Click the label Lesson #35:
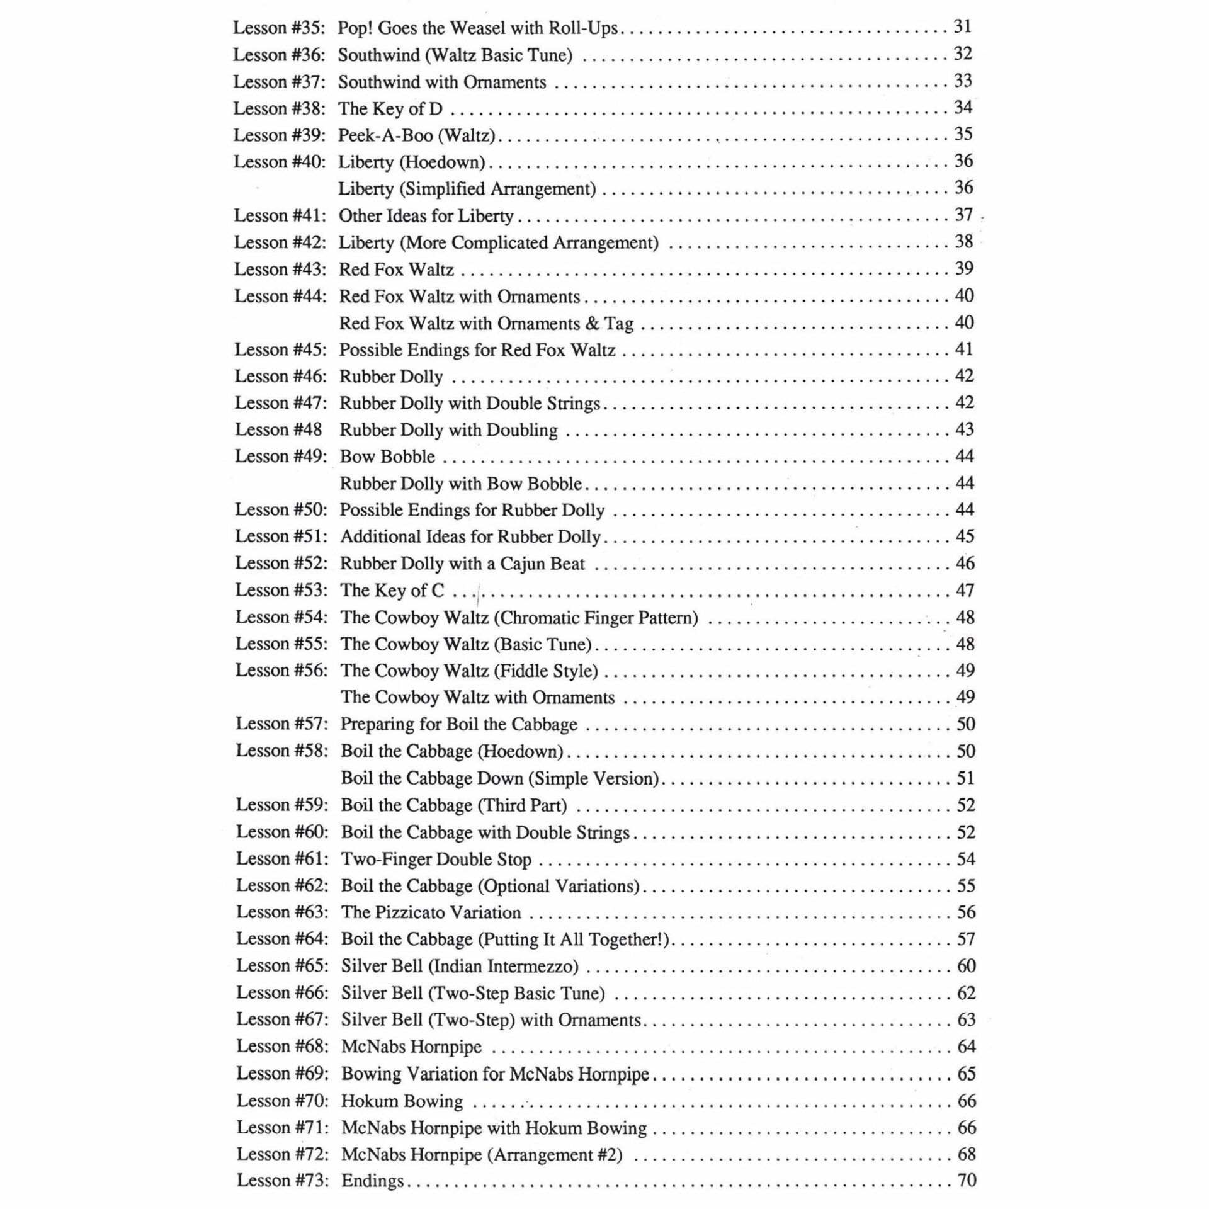279,28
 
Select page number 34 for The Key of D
963,108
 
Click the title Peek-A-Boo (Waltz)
417,135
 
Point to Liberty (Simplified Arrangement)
467,189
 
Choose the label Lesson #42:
280,242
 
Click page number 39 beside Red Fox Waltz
964,269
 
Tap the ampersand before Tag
592,324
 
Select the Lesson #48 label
278,429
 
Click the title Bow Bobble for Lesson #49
387,457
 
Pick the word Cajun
523,564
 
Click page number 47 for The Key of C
965,590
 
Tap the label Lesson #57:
281,724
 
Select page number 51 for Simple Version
965,778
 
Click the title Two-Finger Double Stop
436,859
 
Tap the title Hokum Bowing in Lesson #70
402,1101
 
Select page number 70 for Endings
967,1180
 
